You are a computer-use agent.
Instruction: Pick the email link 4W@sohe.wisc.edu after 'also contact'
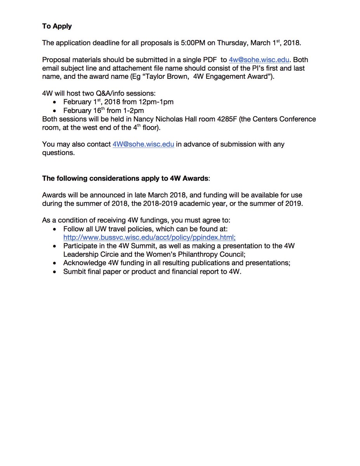tap(143, 144)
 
